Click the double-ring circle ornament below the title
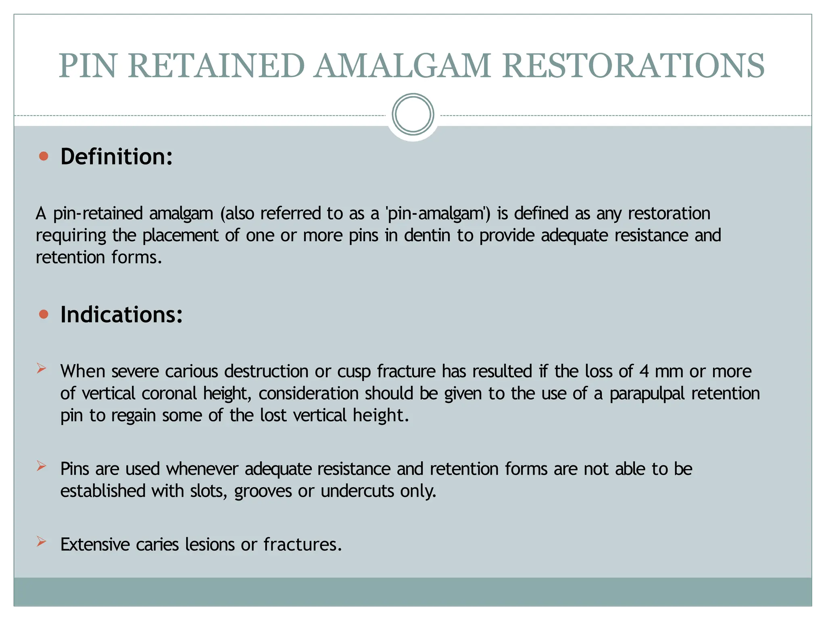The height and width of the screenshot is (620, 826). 413,114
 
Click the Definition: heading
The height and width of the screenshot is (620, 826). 117,157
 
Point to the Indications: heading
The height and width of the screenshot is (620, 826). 121,314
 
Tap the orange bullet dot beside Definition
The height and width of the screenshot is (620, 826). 44,156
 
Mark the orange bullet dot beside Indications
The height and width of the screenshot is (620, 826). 44,314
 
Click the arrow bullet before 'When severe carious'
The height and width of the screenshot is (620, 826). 42,368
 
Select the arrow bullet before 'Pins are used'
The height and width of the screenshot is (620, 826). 42,466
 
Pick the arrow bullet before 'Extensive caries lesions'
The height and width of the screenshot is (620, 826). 42,541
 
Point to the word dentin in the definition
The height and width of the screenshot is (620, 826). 427,235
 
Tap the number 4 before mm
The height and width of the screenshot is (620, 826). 644,371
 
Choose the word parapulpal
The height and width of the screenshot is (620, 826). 647,394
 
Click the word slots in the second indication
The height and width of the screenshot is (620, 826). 209,491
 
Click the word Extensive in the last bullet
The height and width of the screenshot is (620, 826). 95,545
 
